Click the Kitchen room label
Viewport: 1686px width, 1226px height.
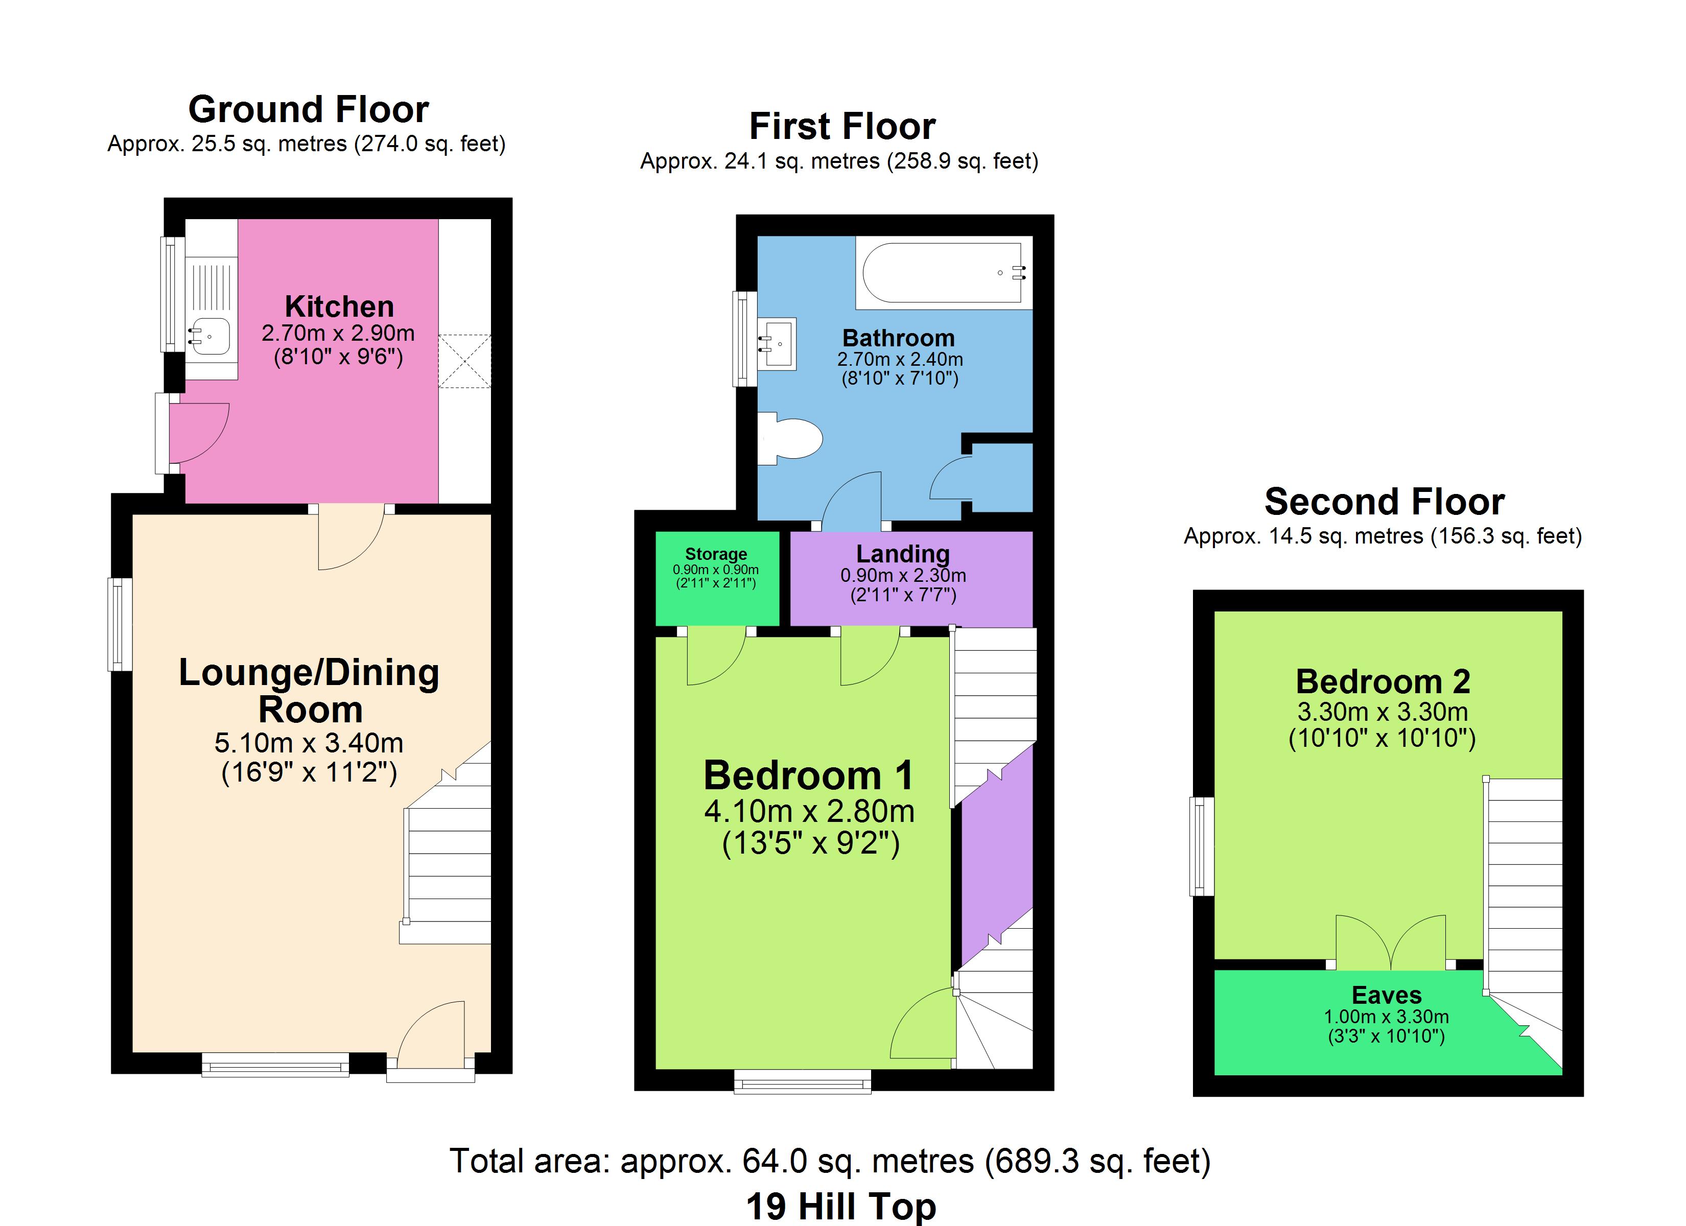[x=339, y=306]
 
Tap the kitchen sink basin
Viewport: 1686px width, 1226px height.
[x=211, y=336]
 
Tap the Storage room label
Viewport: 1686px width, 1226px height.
[x=716, y=554]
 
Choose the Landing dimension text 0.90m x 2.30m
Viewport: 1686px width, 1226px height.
[x=903, y=576]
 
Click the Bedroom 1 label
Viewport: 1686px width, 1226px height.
[x=808, y=775]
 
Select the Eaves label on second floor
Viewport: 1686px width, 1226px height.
[x=1387, y=995]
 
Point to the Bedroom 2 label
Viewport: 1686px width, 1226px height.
[x=1383, y=681]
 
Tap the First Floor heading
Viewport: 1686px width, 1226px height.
[x=842, y=126]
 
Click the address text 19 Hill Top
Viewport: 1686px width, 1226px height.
[x=841, y=1206]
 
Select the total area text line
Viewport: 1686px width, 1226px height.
[x=830, y=1161]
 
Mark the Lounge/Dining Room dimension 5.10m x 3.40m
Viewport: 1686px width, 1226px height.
[x=309, y=742]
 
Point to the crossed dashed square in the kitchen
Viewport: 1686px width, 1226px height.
[x=464, y=361]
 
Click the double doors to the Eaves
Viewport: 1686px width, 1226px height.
[x=1390, y=941]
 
